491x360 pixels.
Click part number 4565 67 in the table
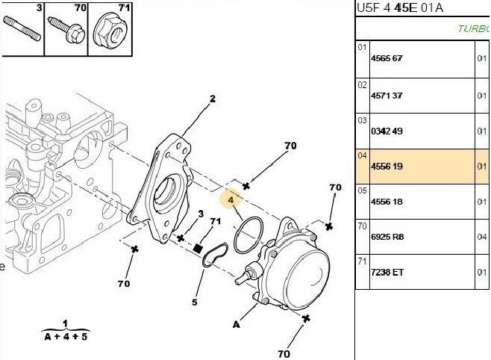point(387,58)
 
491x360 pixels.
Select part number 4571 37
point(387,95)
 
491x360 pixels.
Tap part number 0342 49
point(387,131)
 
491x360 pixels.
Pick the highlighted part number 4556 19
point(387,167)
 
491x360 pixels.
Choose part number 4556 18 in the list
point(387,202)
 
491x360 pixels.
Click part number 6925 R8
point(387,237)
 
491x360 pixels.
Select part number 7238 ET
point(387,272)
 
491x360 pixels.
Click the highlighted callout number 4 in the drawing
point(231,199)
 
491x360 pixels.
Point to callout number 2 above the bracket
point(212,98)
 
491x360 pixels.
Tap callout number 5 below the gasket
point(194,303)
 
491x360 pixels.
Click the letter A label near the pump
point(237,325)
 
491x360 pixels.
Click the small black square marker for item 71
point(198,248)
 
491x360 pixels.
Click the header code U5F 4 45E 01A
point(400,8)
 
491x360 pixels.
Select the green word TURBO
point(474,29)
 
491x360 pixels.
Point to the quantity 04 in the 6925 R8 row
point(482,237)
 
